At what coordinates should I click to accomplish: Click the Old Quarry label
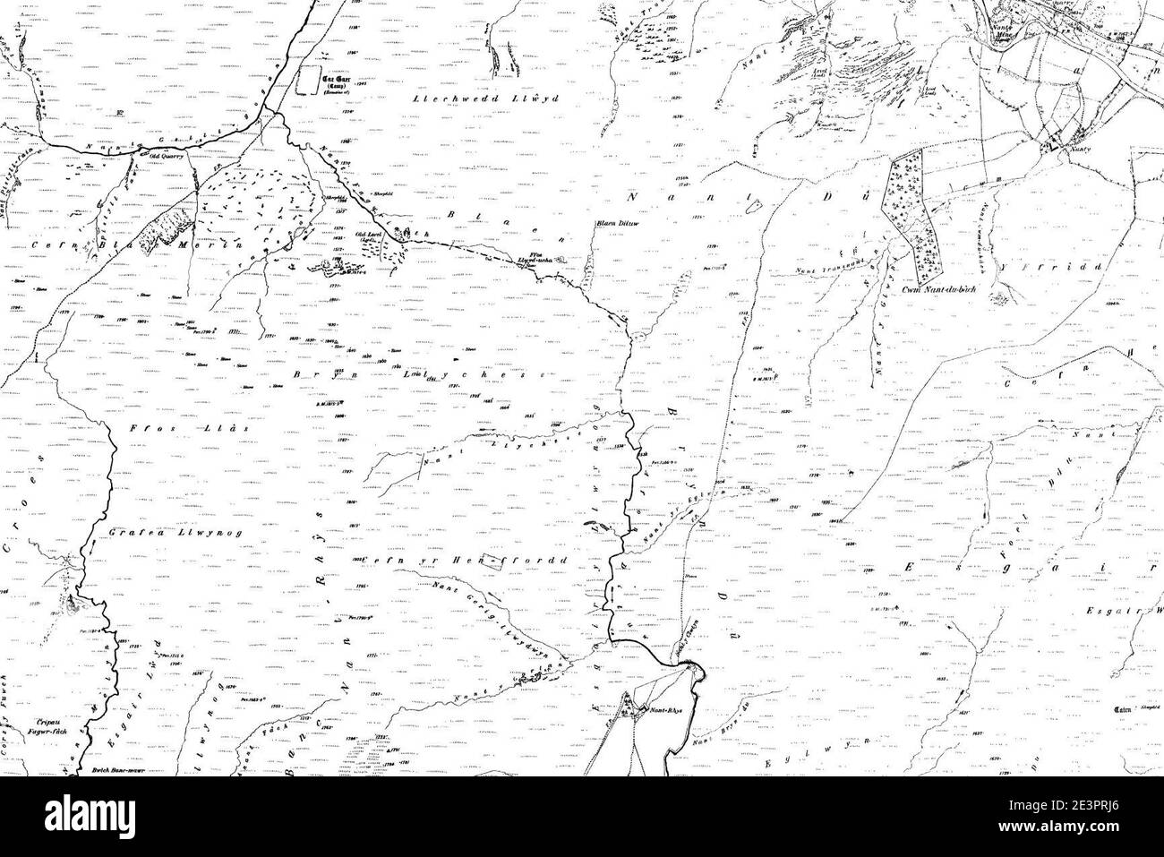pos(167,156)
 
